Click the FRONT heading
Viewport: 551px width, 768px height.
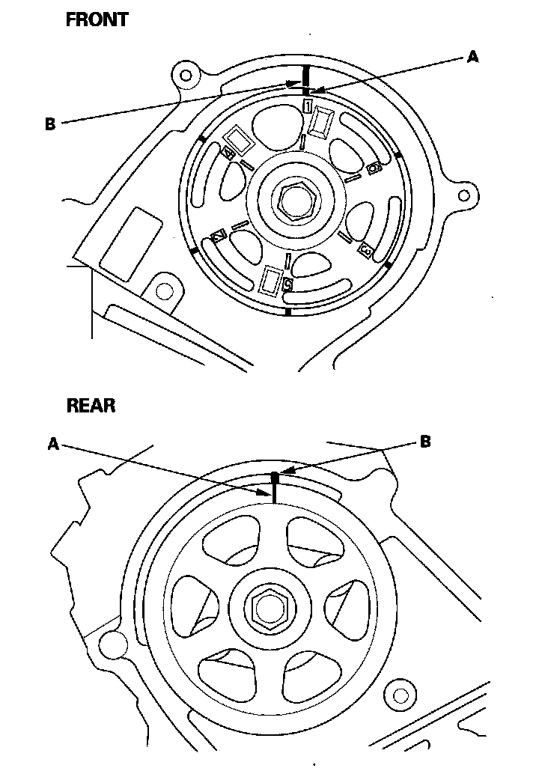[x=97, y=20]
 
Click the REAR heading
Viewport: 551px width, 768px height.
[x=91, y=406]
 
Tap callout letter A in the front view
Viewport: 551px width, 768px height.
[x=472, y=57]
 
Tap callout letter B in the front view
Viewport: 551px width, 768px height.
[x=50, y=124]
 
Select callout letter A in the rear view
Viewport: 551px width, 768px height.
[x=53, y=444]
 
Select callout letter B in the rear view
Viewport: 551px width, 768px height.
[x=424, y=442]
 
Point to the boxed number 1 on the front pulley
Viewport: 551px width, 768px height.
[x=308, y=106]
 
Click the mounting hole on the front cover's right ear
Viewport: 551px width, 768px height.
[x=464, y=196]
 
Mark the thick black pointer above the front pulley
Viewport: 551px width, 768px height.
[x=305, y=76]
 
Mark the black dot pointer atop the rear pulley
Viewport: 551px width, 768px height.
[x=275, y=476]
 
